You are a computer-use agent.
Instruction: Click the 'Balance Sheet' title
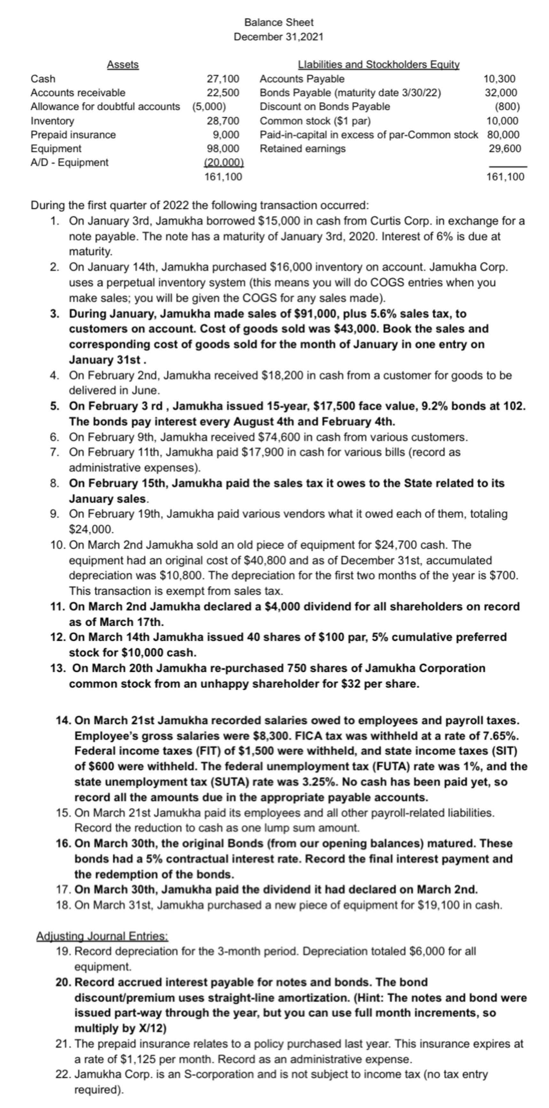click(x=279, y=22)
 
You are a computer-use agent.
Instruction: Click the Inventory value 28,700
click(x=223, y=121)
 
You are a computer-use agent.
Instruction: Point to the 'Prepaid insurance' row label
click(x=73, y=135)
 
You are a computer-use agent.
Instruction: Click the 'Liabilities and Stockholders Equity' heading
click(x=379, y=65)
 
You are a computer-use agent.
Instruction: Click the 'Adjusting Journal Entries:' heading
click(x=102, y=936)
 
